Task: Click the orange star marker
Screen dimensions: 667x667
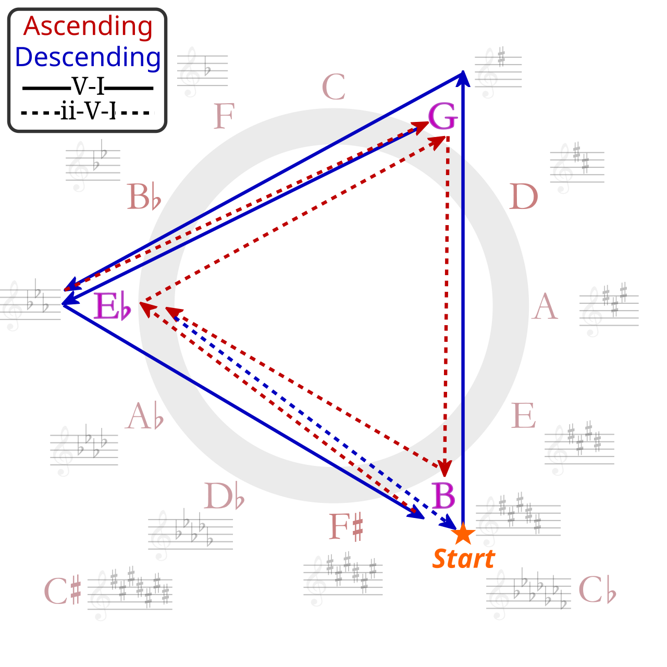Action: pyautogui.click(x=463, y=534)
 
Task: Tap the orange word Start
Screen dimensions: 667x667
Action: pyautogui.click(x=464, y=559)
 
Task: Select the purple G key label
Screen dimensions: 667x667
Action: pyautogui.click(x=443, y=116)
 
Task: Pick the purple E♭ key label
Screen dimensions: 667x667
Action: pyautogui.click(x=113, y=306)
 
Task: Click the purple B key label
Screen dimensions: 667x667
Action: pyautogui.click(x=443, y=495)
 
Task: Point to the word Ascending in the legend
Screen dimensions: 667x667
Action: pyautogui.click(x=88, y=27)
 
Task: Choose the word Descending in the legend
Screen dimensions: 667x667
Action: pyautogui.click(x=88, y=57)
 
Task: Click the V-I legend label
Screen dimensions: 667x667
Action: pyautogui.click(x=88, y=86)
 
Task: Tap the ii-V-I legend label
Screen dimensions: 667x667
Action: pyautogui.click(x=88, y=111)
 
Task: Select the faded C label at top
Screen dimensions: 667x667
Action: pyautogui.click(x=333, y=87)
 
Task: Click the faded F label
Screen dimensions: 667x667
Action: pyautogui.click(x=224, y=116)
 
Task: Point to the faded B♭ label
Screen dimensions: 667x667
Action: pyautogui.click(x=144, y=196)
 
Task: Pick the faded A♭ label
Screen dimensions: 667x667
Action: pyautogui.click(x=144, y=415)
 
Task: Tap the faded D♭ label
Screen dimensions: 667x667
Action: pyautogui.click(x=224, y=496)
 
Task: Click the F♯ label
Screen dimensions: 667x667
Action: pyautogui.click(x=346, y=526)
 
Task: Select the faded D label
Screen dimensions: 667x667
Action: pyautogui.click(x=523, y=196)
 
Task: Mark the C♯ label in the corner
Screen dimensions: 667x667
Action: pyautogui.click(x=63, y=590)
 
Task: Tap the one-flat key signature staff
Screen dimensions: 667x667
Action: pyautogui.click(x=203, y=71)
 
